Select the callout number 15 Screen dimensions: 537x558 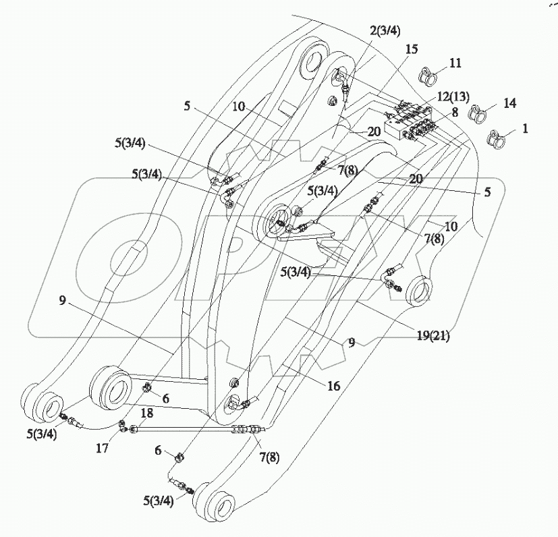[x=412, y=50]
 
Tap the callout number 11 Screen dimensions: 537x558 [x=455, y=63]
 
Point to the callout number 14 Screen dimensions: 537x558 [x=509, y=103]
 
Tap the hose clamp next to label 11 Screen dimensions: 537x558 [x=427, y=74]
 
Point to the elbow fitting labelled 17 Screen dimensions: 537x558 [x=123, y=425]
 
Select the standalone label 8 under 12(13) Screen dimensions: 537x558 [x=455, y=113]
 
